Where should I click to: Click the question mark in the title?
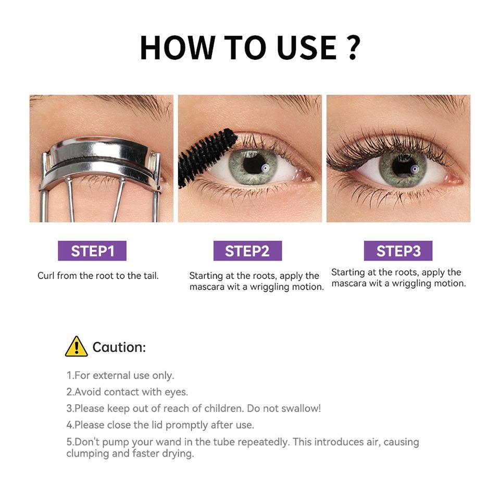click(353, 47)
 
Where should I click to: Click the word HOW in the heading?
click(177, 47)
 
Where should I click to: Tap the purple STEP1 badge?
click(92, 251)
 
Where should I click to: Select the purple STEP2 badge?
click(247, 251)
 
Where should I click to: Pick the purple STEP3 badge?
click(398, 251)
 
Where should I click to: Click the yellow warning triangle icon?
click(77, 347)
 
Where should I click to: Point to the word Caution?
click(119, 347)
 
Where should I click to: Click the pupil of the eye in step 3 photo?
click(404, 166)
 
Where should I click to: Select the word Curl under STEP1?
click(46, 276)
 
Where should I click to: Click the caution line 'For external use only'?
click(120, 375)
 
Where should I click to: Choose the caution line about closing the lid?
click(160, 425)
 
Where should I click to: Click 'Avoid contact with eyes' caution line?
click(127, 392)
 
